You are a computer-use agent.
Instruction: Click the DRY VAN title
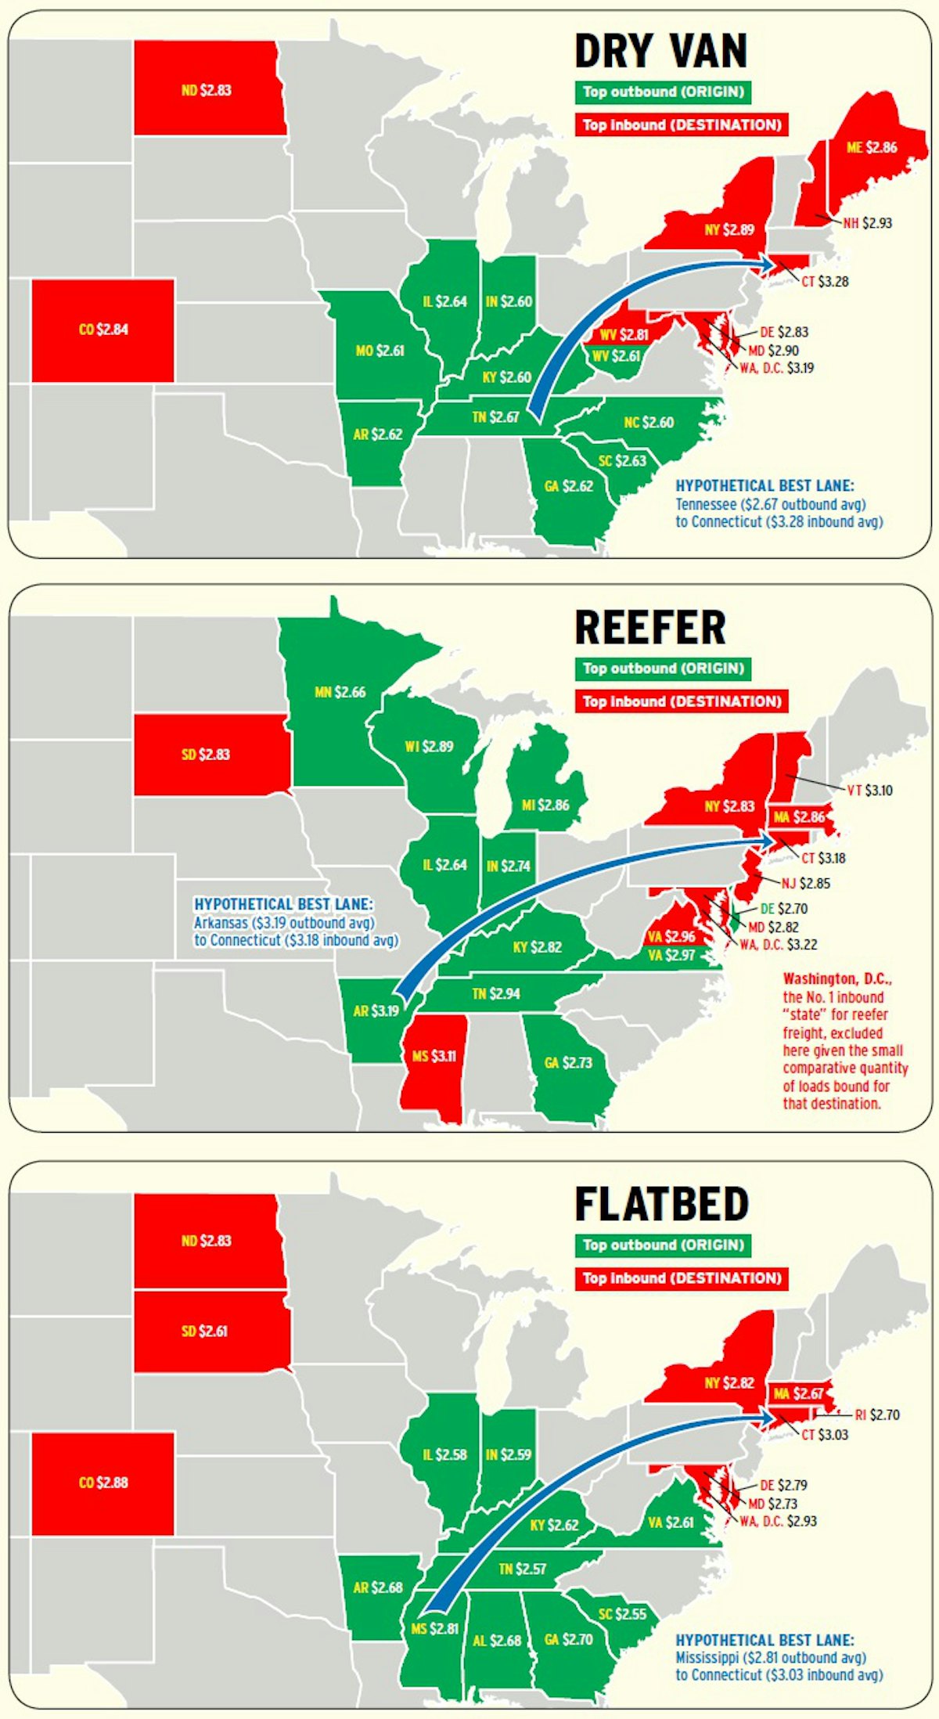[x=660, y=52]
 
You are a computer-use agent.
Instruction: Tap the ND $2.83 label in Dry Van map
[x=206, y=90]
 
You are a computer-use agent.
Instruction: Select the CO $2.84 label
[x=103, y=330]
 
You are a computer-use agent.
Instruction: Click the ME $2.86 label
[x=872, y=147]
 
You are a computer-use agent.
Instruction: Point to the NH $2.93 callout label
[x=867, y=223]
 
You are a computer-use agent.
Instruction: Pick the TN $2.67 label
[x=495, y=417]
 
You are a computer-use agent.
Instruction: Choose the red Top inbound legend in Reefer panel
[x=682, y=701]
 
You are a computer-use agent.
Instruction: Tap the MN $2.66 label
[x=340, y=692]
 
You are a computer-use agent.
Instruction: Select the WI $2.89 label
[x=429, y=746]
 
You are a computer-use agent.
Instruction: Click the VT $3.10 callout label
[x=869, y=791]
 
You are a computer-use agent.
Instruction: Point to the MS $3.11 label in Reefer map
[x=434, y=1056]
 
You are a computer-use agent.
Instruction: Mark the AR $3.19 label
[x=376, y=1011]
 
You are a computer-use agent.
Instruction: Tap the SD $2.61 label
[x=204, y=1331]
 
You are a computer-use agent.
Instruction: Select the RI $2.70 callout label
[x=876, y=1414]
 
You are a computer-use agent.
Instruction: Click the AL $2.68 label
[x=497, y=1640]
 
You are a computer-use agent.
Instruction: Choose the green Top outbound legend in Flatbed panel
[x=663, y=1245]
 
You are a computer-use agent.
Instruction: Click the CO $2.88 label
[x=103, y=1483]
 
